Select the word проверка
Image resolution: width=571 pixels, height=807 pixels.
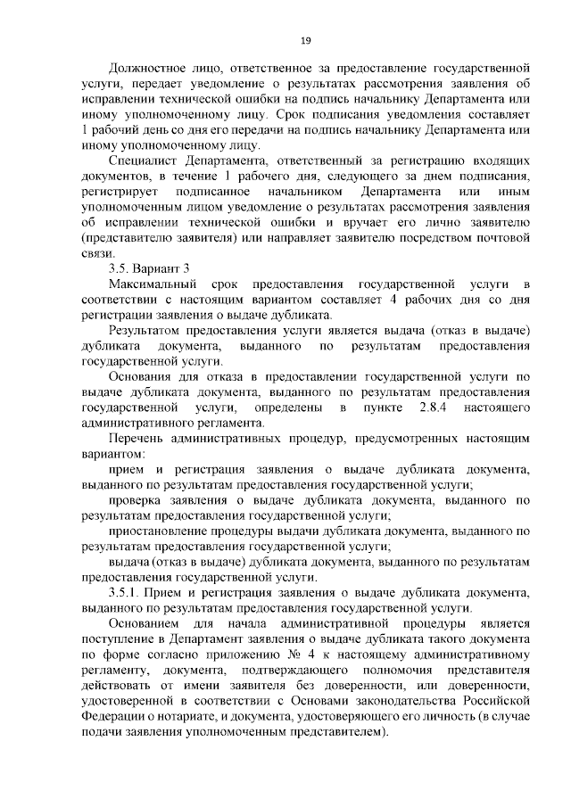[134, 501]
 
